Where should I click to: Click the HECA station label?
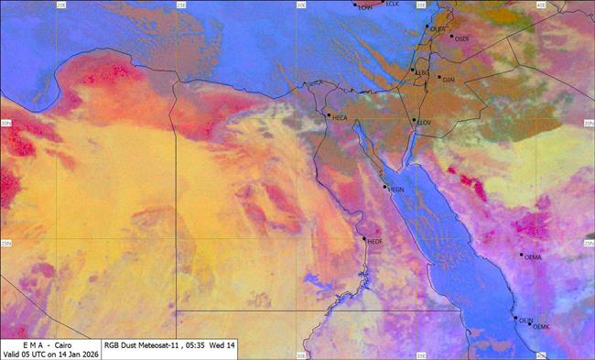tap(340, 118)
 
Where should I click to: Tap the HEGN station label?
tap(396, 190)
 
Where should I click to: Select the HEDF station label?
tap(374, 243)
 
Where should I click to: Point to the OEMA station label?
tap(534, 257)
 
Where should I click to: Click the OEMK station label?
tap(541, 326)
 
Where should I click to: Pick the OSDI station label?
tap(461, 38)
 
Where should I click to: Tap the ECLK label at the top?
tap(393, 4)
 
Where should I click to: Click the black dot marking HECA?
tap(329, 115)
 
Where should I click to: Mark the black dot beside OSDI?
tap(450, 37)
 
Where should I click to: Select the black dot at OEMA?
tap(523, 254)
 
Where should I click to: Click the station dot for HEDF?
tap(364, 239)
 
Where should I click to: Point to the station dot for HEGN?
tap(385, 186)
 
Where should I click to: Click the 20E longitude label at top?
tap(61, 5)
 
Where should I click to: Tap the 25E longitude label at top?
tap(181, 5)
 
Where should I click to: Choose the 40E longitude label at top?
tap(540, 5)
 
